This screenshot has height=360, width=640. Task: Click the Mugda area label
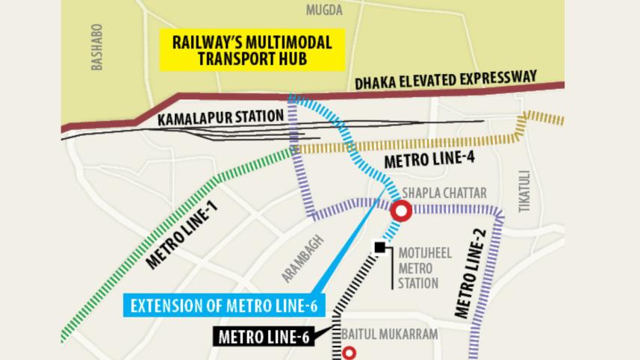pos(324,10)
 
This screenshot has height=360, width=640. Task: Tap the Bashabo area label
pos(96,47)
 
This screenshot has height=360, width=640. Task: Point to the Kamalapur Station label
pos(221,117)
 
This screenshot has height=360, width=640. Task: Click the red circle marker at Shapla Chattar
pos(402,211)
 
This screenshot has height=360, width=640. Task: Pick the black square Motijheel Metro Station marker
pos(381,247)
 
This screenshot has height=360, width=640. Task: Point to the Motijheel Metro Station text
pos(419,267)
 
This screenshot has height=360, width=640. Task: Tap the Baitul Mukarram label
pos(389,335)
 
